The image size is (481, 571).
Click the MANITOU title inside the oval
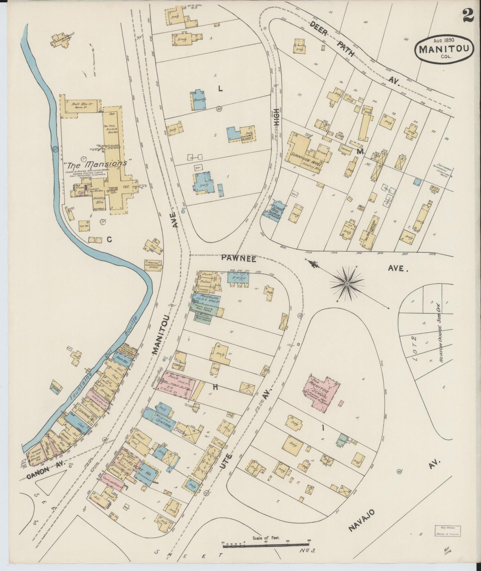coord(444,49)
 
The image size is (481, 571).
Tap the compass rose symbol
coord(347,284)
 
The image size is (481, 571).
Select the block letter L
coord(220,88)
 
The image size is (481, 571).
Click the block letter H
coord(216,387)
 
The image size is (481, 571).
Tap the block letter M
coord(359,152)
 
